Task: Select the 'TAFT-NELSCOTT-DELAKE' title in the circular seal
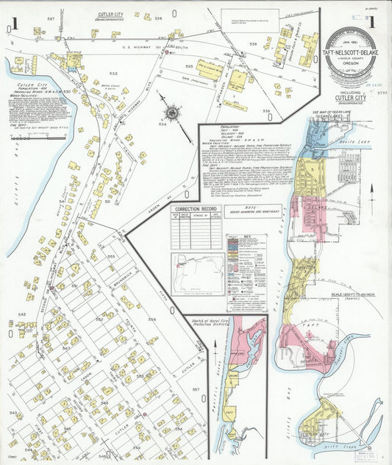[350, 63]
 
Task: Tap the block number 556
[152, 319]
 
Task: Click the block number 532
[113, 74]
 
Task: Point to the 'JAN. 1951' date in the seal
[349, 34]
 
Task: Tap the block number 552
[99, 320]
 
